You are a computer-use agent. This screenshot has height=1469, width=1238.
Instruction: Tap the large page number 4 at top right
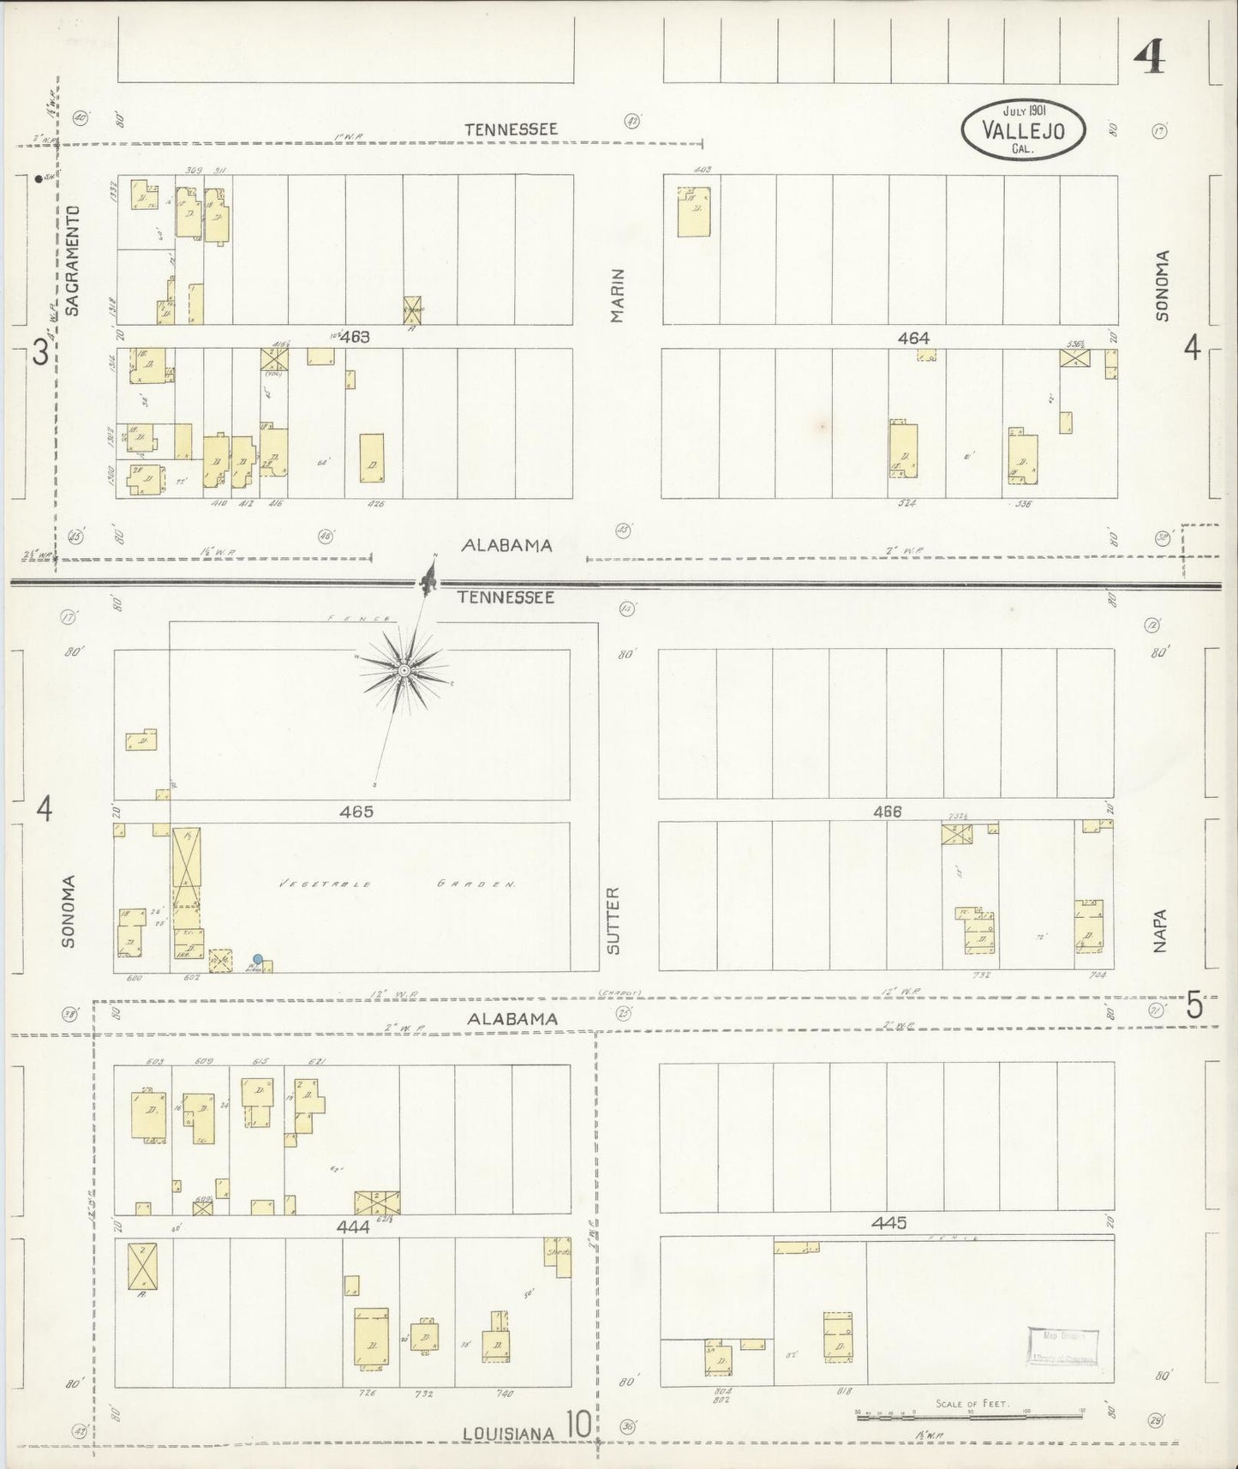pyautogui.click(x=1149, y=58)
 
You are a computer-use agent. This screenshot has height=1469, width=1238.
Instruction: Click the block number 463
pyautogui.click(x=355, y=337)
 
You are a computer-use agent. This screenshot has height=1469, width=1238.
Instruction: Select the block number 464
pyautogui.click(x=913, y=339)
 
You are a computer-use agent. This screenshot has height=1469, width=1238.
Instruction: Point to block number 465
pyautogui.click(x=356, y=811)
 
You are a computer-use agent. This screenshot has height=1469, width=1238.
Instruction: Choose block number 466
pyautogui.click(x=887, y=811)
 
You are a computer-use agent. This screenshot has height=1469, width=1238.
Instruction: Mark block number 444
pyautogui.click(x=353, y=1226)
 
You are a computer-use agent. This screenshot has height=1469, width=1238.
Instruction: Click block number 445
pyautogui.click(x=888, y=1223)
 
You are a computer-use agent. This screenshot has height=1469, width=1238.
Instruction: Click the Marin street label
pyautogui.click(x=618, y=296)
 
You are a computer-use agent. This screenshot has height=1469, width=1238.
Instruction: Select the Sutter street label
pyautogui.click(x=613, y=920)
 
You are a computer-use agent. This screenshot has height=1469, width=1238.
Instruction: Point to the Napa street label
pyautogui.click(x=1160, y=930)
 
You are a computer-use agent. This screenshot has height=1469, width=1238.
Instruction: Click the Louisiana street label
pyautogui.click(x=511, y=1432)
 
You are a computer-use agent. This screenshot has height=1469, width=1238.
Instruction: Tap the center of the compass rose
pyautogui.click(x=404, y=669)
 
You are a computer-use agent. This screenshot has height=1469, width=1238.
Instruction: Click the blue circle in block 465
pyautogui.click(x=258, y=959)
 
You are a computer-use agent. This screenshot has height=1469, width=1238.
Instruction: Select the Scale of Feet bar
pyautogui.click(x=972, y=1418)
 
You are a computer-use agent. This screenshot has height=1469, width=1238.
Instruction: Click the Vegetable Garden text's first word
pyautogui.click(x=323, y=884)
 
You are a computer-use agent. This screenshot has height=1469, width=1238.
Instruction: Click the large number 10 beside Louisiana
pyautogui.click(x=577, y=1426)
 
